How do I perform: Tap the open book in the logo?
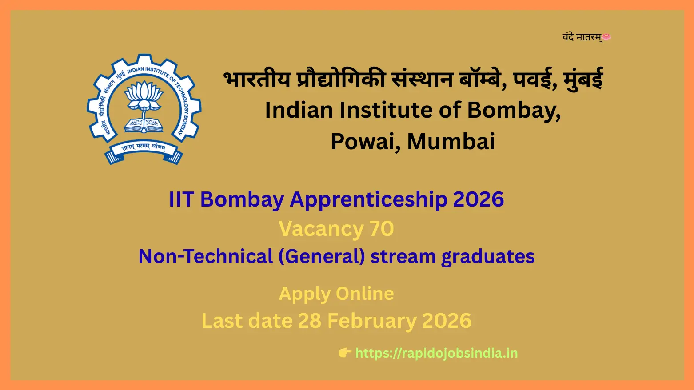pos(144,125)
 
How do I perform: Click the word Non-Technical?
pos(206,256)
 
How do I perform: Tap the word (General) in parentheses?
pos(322,257)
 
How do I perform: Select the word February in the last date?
pos(372,321)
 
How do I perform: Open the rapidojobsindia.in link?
pos(437,354)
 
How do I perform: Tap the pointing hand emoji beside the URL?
pos(344,353)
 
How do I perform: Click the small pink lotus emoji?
pos(606,37)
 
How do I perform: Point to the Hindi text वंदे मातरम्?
pos(582,37)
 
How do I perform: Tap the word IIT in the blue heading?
pos(182,199)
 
